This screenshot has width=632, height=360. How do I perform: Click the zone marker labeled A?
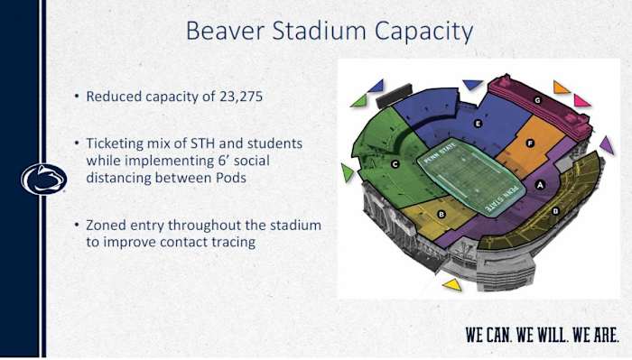pyautogui.click(x=541, y=184)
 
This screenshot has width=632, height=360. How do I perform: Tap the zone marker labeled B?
pyautogui.click(x=441, y=214)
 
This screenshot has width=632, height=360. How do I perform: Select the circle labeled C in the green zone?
pyautogui.click(x=395, y=164)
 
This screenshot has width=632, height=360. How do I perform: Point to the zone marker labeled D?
pyautogui.click(x=555, y=211)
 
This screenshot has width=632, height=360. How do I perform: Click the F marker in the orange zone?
pyautogui.click(x=530, y=143)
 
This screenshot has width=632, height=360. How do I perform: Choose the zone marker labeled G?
pyautogui.click(x=537, y=100)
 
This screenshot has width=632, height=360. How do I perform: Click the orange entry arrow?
pyautogui.click(x=561, y=88)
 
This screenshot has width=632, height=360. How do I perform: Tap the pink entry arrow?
pyautogui.click(x=581, y=100)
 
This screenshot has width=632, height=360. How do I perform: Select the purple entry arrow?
pyautogui.click(x=607, y=144)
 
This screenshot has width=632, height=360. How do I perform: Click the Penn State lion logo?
pyautogui.click(x=43, y=180)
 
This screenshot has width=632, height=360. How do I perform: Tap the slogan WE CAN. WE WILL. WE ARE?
pyautogui.click(x=542, y=334)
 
